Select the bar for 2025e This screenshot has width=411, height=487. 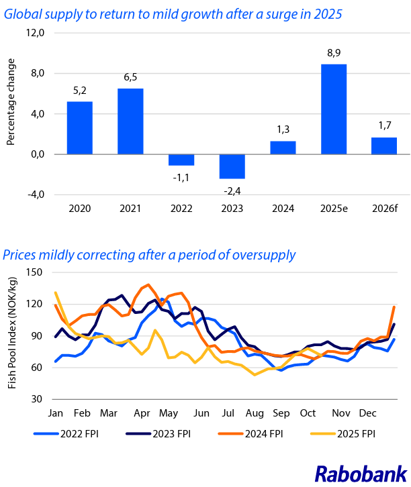[334, 109]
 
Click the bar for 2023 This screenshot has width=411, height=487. [232, 166]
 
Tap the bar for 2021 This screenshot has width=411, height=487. [130, 121]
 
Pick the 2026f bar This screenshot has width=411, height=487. [384, 146]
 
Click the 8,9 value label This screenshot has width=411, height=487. [334, 54]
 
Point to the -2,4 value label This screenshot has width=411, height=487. [232, 188]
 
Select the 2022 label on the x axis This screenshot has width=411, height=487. [181, 208]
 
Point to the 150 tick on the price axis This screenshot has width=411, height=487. [34, 272]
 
